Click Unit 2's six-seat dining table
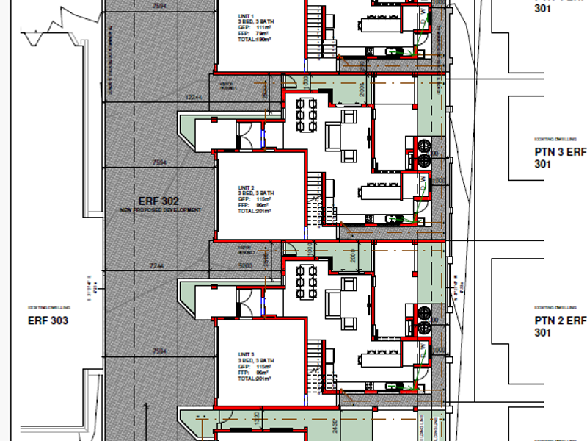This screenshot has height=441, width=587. pyautogui.click(x=305, y=116)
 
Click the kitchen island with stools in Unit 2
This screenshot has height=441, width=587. pyautogui.click(x=379, y=193)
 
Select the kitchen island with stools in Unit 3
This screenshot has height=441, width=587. pyautogui.click(x=379, y=358)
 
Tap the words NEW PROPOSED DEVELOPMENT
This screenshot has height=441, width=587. pyautogui.click(x=160, y=210)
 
